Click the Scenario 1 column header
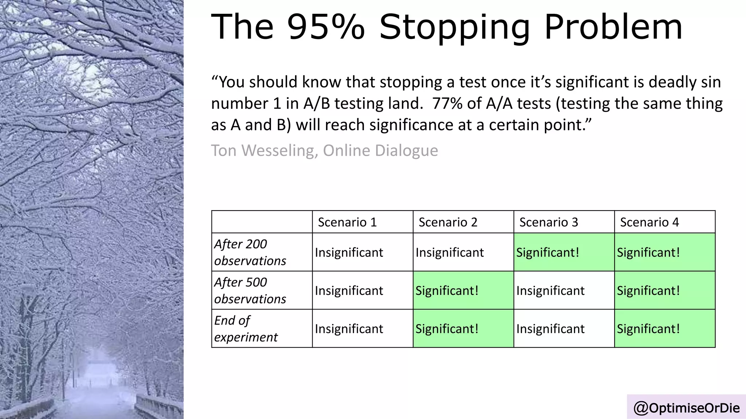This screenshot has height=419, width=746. pyautogui.click(x=347, y=222)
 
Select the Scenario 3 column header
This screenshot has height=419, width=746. pyautogui.click(x=549, y=222)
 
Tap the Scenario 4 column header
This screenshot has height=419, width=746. pyautogui.click(x=649, y=222)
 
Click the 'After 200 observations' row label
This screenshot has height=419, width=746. pyautogui.click(x=250, y=252)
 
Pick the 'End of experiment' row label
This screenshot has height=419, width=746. pyautogui.click(x=246, y=329)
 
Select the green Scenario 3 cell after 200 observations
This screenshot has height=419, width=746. pyautogui.click(x=564, y=252)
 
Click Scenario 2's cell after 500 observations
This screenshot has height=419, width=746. pyautogui.click(x=463, y=291)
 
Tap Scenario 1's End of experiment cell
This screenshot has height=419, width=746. pyautogui.click(x=362, y=329)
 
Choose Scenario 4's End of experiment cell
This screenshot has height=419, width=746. pyautogui.click(x=664, y=329)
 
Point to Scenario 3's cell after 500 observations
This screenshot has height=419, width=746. pyautogui.click(x=564, y=291)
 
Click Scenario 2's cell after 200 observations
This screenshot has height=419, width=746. pyautogui.click(x=463, y=252)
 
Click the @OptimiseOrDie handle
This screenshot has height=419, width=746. pyautogui.click(x=687, y=408)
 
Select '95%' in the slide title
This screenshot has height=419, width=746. pyautogui.click(x=326, y=27)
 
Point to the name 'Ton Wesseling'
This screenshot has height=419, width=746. pyautogui.click(x=263, y=151)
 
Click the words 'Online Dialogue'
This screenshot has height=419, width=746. pyautogui.click(x=380, y=151)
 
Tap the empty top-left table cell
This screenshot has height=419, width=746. pyautogui.click(x=262, y=222)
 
